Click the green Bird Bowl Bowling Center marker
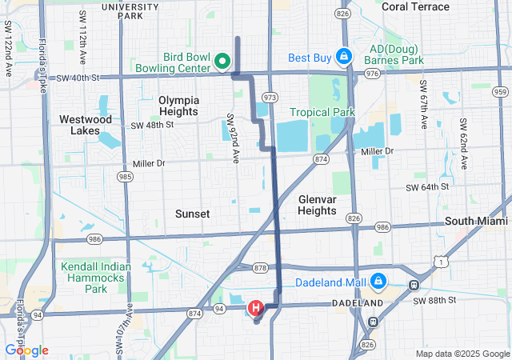222,60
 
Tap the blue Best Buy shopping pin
343,57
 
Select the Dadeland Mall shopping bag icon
378,282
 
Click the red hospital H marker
255,308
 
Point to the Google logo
26,350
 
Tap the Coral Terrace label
416,6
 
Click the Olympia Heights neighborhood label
178,106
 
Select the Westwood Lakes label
86,125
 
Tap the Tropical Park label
322,113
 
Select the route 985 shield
125,175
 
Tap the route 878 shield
259,267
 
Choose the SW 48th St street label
152,126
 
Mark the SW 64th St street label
429,187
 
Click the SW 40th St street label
78,78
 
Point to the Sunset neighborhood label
193,214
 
